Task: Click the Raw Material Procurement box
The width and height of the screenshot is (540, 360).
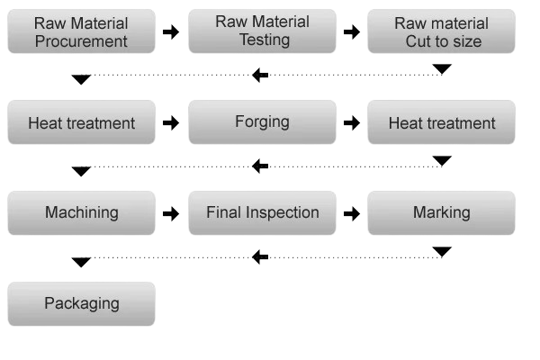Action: point(82,31)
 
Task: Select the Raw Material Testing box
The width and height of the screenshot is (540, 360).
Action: point(262,31)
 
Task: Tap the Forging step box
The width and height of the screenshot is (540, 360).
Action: point(262,122)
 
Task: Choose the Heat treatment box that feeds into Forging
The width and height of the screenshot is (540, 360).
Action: point(82,122)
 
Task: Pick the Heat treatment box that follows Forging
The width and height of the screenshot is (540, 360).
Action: point(442,122)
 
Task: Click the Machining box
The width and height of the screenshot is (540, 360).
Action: point(82,213)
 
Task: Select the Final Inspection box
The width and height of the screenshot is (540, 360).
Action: point(262,213)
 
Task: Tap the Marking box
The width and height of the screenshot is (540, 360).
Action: point(442,213)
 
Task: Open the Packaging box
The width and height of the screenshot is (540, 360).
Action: point(82,304)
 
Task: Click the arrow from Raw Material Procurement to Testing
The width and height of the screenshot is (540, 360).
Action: point(171,32)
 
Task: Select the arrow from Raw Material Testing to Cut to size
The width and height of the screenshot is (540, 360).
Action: point(352,32)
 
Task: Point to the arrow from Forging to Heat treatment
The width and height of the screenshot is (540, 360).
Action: point(352,123)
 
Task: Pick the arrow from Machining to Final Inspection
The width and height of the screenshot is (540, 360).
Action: point(171,214)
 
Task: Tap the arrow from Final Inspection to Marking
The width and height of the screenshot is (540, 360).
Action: point(352,214)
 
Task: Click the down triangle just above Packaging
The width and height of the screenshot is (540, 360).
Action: point(81,262)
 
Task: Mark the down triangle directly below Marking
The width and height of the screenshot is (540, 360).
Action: point(442,251)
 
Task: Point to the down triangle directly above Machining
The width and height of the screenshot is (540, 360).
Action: point(81,171)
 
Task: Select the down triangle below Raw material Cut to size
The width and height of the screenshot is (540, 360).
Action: point(442,69)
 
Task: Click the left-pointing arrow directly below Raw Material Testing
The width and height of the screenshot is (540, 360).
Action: point(260,75)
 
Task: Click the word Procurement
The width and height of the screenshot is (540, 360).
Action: point(81,41)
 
